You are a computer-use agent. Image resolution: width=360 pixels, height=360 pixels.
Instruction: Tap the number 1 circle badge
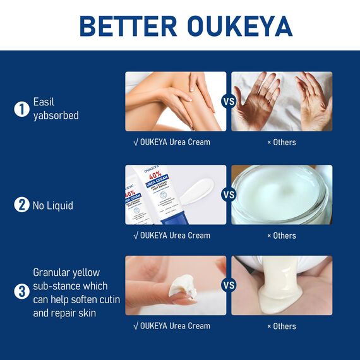tap(21, 109)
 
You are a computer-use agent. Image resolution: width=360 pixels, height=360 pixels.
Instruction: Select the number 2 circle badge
tap(21, 205)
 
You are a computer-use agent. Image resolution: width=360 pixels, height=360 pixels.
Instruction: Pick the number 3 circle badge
tap(21, 292)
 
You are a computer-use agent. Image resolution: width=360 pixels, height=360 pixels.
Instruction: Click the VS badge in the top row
tap(229, 101)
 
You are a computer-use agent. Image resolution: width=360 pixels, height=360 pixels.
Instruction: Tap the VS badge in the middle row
tap(229, 195)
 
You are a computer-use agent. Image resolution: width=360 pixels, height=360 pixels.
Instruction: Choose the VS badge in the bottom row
tap(229, 285)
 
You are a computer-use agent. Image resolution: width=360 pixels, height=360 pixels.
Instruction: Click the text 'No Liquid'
tap(54, 205)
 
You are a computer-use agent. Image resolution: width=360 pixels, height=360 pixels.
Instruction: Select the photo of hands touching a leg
tap(175, 101)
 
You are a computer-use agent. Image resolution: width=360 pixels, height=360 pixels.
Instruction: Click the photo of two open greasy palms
tap(282, 101)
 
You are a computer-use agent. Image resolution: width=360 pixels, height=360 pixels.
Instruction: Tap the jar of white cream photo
tap(282, 195)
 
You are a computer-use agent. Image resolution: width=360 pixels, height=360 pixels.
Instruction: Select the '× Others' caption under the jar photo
tap(281, 236)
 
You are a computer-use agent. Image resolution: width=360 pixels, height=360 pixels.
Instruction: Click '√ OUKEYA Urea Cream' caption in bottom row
tap(172, 326)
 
